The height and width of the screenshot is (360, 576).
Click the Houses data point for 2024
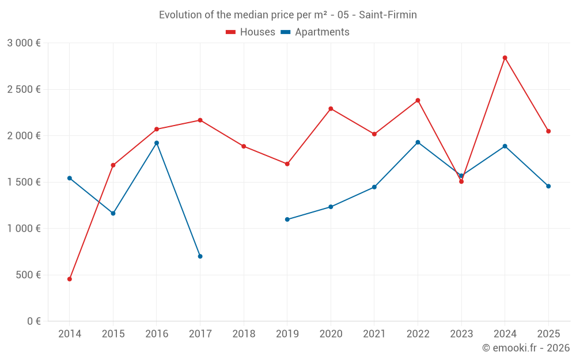coord(505,58)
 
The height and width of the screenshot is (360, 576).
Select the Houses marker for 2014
coord(70,279)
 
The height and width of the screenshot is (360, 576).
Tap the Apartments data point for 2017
coord(200,256)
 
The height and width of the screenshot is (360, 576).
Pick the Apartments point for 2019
coord(287,219)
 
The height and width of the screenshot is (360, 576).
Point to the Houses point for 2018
coord(244,146)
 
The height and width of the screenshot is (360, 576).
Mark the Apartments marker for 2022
coord(418,142)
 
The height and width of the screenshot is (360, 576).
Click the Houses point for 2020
coord(331,109)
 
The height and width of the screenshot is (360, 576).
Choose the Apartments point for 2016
coord(157,143)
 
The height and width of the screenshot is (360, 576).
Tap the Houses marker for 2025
coord(548,131)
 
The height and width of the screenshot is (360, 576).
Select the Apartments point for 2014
coord(70,178)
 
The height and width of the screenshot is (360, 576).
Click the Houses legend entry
coord(251,32)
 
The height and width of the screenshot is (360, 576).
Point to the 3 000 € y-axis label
coord(24,43)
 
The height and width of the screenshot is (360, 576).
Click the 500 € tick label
coord(28,275)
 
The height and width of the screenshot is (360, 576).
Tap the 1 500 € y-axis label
coord(24,182)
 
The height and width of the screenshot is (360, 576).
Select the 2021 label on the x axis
coord(374,334)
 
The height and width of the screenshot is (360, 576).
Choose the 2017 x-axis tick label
coord(200,334)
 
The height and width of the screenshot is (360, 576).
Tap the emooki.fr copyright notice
coord(525,347)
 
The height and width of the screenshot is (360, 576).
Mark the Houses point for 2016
coord(157,129)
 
